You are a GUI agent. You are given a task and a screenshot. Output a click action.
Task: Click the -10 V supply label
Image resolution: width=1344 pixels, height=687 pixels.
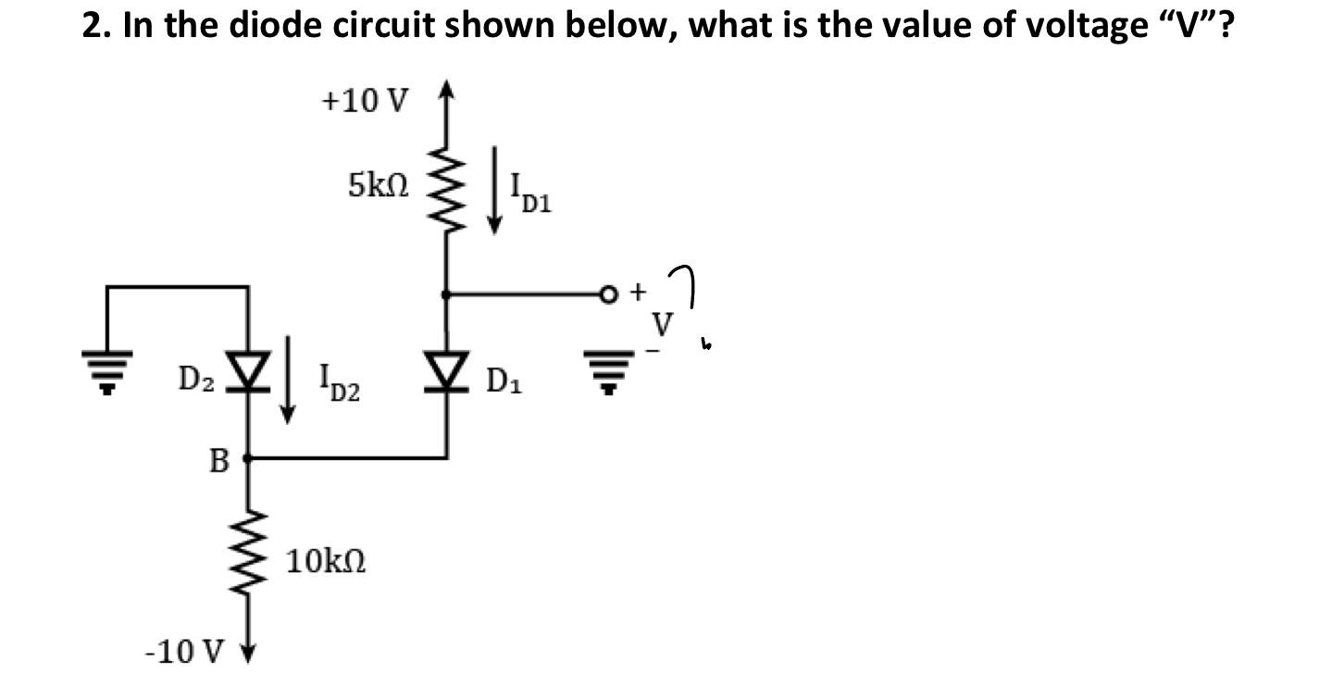coord(184,652)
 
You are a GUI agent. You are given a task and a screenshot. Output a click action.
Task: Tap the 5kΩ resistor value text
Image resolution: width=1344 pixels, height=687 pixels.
coord(377,186)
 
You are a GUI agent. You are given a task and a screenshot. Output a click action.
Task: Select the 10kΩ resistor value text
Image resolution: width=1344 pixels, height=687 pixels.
coord(325,561)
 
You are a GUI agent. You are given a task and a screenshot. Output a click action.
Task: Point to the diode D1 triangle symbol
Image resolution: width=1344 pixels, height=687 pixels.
coord(447,375)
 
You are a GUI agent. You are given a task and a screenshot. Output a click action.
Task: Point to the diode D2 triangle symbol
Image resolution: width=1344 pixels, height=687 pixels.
coord(247,374)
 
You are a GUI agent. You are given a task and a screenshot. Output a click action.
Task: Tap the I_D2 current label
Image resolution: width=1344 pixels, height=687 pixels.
coord(338,381)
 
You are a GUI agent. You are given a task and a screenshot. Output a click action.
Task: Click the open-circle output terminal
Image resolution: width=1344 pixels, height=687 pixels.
coord(609,294)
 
